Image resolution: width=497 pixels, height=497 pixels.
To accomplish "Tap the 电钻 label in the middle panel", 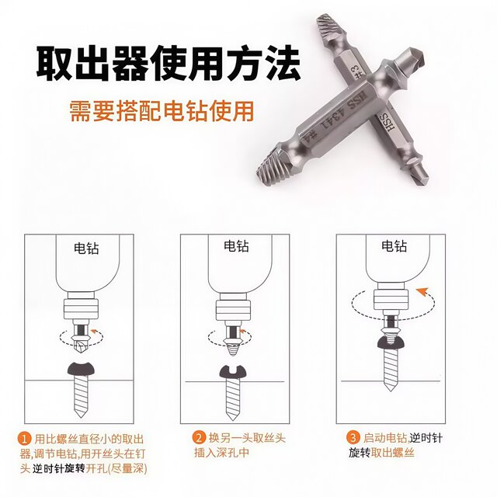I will [x=236, y=246].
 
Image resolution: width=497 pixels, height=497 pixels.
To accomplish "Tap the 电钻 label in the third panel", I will [x=394, y=247].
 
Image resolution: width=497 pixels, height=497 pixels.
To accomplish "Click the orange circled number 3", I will [x=353, y=438].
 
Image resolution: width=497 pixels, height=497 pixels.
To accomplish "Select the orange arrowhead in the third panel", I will [x=422, y=292].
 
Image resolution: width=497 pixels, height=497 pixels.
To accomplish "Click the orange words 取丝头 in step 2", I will [x=266, y=438].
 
